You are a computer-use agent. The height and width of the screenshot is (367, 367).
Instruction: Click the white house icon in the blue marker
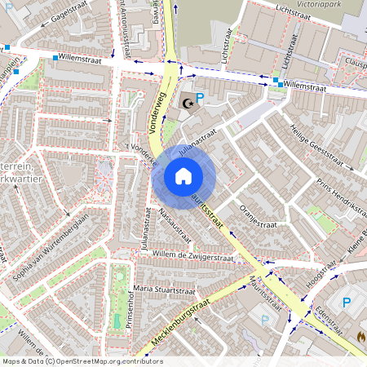(x=183, y=176)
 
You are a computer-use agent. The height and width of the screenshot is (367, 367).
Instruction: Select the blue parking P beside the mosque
(x=201, y=96)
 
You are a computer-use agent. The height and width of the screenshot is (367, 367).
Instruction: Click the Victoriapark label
(x=331, y=3)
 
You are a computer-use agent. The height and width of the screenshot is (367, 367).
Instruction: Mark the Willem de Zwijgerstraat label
(x=193, y=257)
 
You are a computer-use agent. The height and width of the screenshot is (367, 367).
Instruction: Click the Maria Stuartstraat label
(x=165, y=289)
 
